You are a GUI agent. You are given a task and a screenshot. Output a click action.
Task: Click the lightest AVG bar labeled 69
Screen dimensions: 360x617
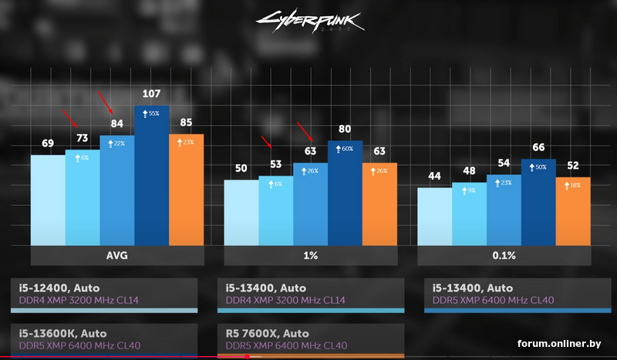[48, 200]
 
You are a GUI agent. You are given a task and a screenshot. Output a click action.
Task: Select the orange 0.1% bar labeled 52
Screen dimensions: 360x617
[572, 211]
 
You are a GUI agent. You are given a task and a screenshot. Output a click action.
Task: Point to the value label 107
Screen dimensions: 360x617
[152, 94]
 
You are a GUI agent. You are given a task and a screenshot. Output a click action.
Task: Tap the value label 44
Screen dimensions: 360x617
[434, 177]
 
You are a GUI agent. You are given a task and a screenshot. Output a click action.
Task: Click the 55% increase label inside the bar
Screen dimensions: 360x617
[152, 113]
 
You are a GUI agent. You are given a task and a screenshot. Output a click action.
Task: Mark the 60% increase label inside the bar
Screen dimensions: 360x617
[345, 149]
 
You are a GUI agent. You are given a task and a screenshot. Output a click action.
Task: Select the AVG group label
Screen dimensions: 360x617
[117, 256]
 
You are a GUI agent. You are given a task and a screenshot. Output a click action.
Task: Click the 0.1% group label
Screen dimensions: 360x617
[504, 256]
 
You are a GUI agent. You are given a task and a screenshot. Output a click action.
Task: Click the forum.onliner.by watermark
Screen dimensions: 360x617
[558, 343]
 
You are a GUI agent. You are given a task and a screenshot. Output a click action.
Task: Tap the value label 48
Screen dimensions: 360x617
[469, 170]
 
